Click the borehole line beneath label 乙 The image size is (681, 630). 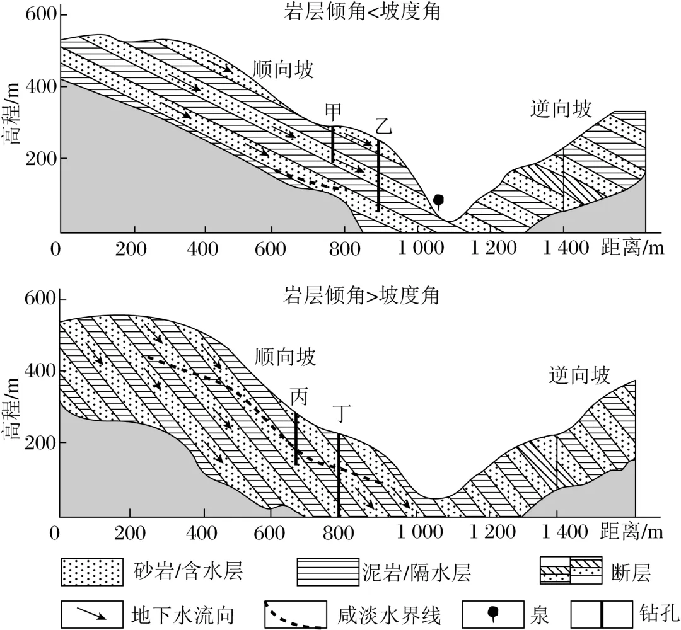[x=378, y=176]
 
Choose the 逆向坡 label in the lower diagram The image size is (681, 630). [x=579, y=376]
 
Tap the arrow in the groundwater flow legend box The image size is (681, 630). [x=91, y=614]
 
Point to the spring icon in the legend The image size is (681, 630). [x=494, y=612]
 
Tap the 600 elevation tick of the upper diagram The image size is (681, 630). [x=38, y=13]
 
